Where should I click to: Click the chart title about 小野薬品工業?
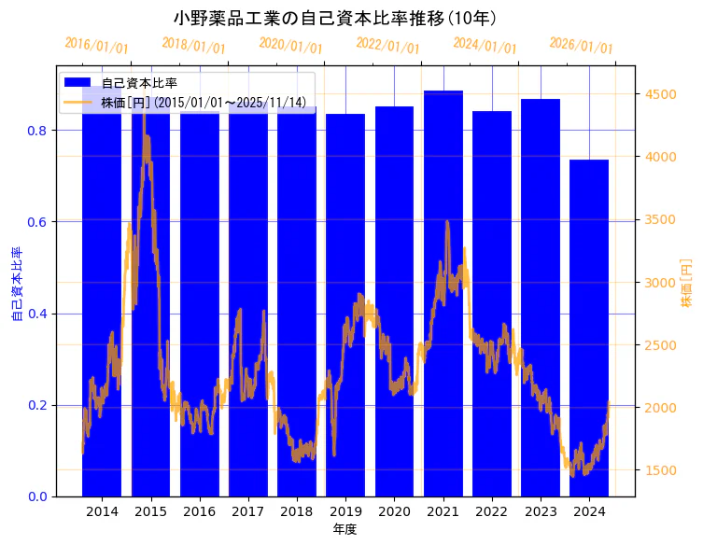335,18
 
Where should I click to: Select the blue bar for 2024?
589,327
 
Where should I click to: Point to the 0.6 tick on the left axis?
39,222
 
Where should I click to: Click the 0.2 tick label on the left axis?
39,405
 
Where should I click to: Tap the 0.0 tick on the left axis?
39,496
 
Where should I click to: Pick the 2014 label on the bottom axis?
102,511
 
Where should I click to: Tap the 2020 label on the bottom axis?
394,511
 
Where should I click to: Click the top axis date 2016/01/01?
96,46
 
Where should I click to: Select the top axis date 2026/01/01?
581,46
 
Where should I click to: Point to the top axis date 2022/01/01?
387,46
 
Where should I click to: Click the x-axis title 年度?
345,529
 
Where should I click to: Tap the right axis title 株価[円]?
686,282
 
